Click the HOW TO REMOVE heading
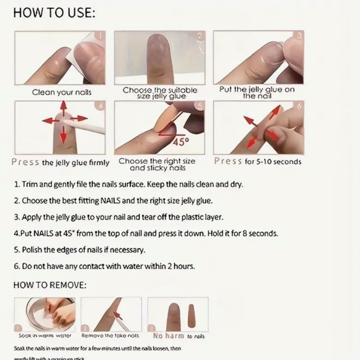pyautogui.click(x=50, y=285)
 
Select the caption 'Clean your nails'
pyautogui.click(x=62, y=92)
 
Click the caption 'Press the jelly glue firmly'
pyautogui.click(x=60, y=162)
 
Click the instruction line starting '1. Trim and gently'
pyautogui.click(x=128, y=184)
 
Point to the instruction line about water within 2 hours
pyautogui.click(x=104, y=266)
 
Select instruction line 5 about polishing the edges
pyautogui.click(x=79, y=250)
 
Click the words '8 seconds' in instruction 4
pyautogui.click(x=260, y=233)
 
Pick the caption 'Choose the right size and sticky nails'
pyautogui.click(x=157, y=164)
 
